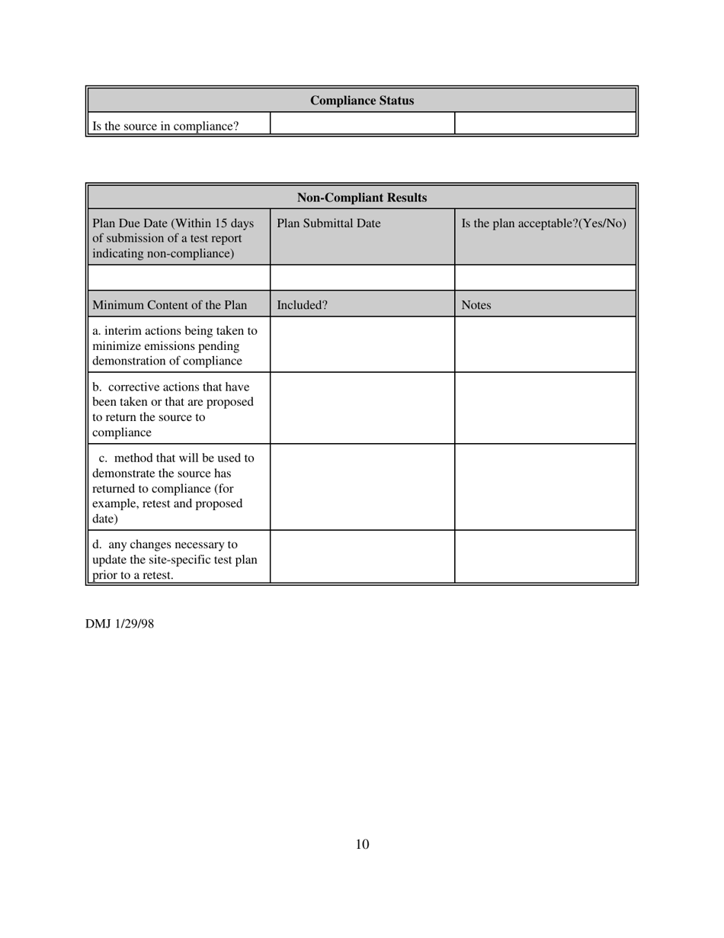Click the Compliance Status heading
tap(362, 101)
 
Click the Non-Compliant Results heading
tap(362, 198)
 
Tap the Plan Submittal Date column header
tap(328, 223)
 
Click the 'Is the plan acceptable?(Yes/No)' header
tap(544, 223)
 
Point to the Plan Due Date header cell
tap(174, 238)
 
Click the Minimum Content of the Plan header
tap(169, 305)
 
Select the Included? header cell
tap(302, 305)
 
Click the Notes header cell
tap(476, 305)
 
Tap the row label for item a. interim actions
tap(175, 345)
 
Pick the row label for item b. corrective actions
tap(172, 410)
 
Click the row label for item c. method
tap(173, 488)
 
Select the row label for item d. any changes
tap(175, 559)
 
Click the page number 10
tap(362, 844)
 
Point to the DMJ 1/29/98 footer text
tap(120, 624)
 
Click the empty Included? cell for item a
tap(362, 345)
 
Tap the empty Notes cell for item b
tap(546, 408)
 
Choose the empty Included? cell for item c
tap(362, 487)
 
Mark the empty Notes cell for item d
tap(546, 557)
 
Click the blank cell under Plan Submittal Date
tap(362, 277)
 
